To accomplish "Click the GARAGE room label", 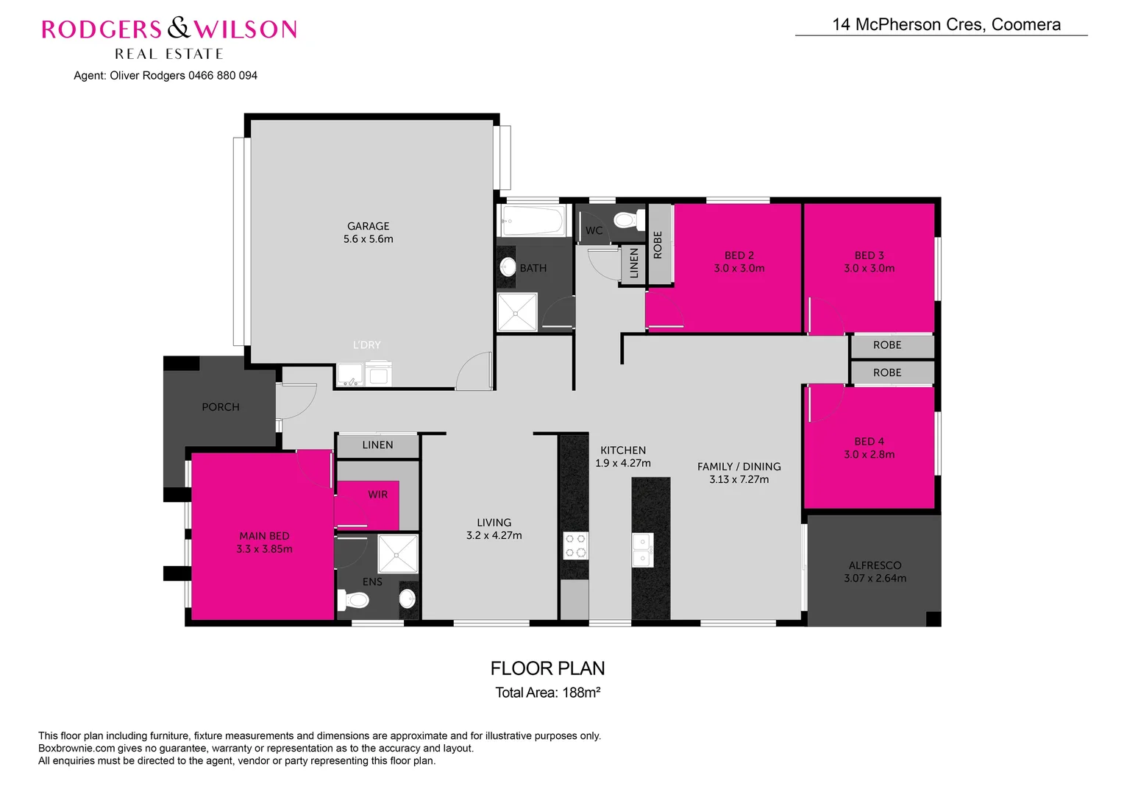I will coord(368,226).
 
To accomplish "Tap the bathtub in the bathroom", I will coord(531,220).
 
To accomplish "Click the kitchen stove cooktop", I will coord(575,545).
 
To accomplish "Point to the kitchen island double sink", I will coord(642,550).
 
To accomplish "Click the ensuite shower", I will coord(397,554).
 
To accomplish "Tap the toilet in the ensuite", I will coord(355,601).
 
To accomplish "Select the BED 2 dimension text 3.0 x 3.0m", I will coord(739,269).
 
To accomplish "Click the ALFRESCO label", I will coord(875,565).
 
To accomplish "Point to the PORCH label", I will coord(221,407).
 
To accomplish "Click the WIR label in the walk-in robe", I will coord(377,495).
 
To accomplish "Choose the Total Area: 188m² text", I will coord(547,693).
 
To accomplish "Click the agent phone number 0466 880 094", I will coord(223,76).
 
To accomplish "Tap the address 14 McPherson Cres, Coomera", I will coord(946,24).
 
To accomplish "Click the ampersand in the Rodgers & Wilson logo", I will coord(178,29).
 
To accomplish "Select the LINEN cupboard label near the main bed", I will coord(377,445).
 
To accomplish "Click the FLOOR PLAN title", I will coord(547,668).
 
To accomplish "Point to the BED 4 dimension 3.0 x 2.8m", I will coord(869,455).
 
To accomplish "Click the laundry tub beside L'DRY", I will coord(350,375).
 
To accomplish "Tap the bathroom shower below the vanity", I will coord(517,312).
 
